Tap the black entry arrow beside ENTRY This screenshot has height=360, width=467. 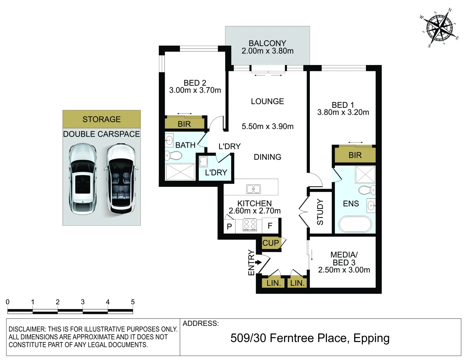(258, 262)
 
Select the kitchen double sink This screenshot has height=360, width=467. (254, 189)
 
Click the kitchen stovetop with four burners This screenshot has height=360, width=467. (250, 225)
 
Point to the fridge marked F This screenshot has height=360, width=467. (270, 225)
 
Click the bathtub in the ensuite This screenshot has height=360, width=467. (355, 224)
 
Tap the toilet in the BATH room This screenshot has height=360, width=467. (173, 155)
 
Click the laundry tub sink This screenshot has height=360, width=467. (203, 162)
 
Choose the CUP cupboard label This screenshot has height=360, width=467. (270, 243)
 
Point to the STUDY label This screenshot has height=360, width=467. (320, 212)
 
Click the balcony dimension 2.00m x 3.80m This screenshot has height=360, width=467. (267, 51)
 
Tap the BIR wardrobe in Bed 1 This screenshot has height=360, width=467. (355, 155)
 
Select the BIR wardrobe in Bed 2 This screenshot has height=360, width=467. (184, 123)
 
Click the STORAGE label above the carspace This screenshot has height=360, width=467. (102, 119)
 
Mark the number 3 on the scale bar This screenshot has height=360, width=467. (83, 302)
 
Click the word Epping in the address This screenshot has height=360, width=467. (371, 339)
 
